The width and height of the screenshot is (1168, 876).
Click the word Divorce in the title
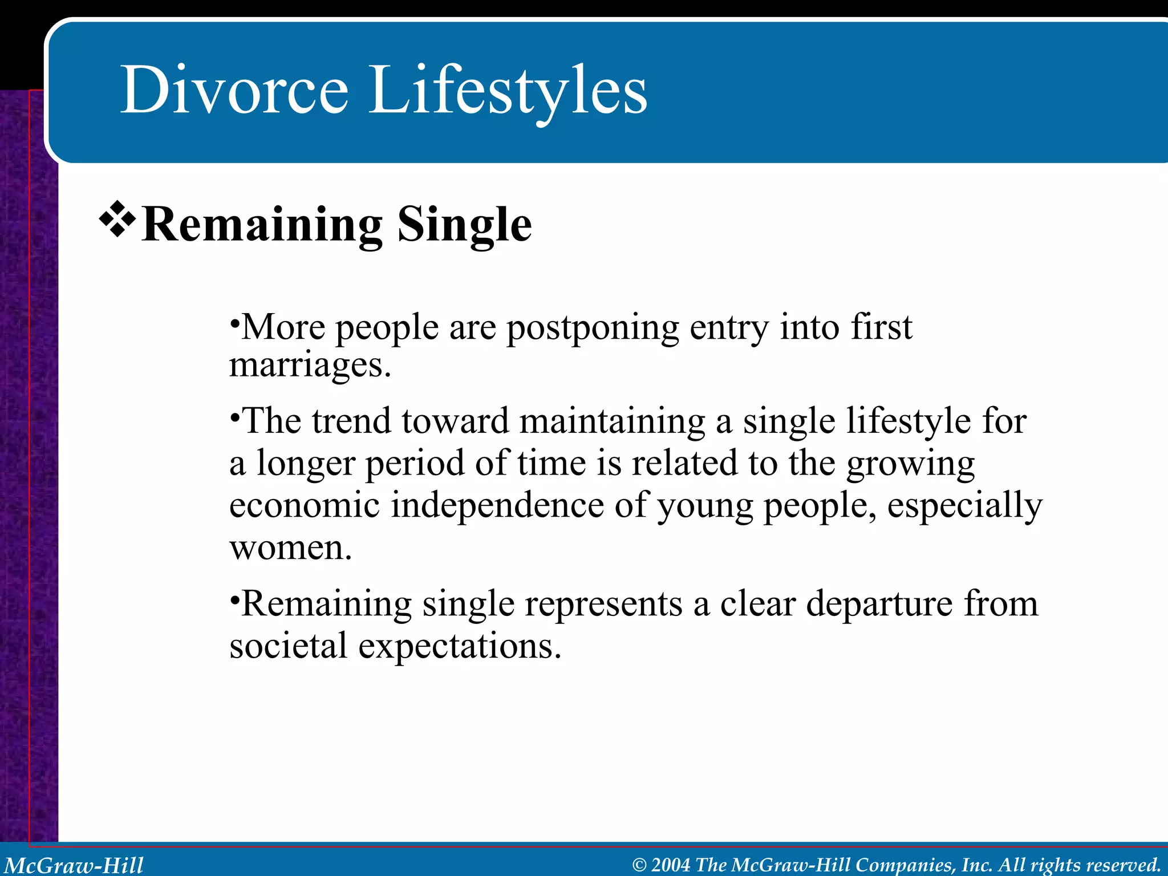point(234,90)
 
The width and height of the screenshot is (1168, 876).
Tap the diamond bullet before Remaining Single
point(117,219)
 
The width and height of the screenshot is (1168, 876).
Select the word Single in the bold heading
point(464,225)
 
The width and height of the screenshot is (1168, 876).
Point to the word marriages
point(310,366)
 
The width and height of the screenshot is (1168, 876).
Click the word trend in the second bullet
point(351,421)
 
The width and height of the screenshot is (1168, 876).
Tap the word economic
point(304,505)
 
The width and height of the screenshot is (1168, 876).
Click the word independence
point(497,505)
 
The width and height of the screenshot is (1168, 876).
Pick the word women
point(290,547)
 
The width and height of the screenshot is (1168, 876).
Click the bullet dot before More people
point(234,323)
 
